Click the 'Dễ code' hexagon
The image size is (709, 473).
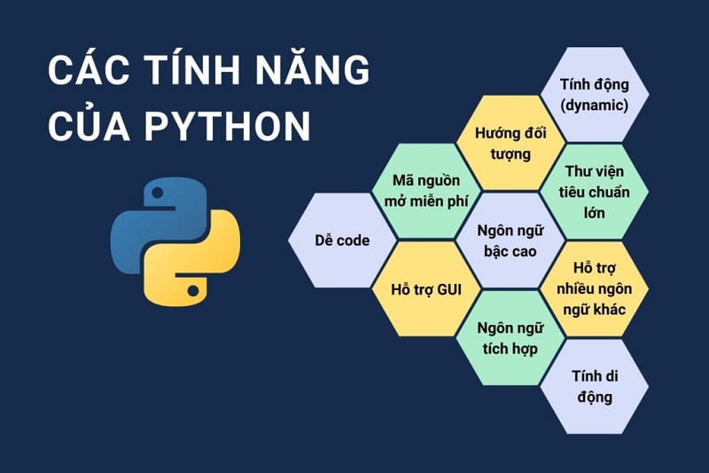click(x=342, y=240)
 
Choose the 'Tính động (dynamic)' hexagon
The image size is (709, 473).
click(x=594, y=94)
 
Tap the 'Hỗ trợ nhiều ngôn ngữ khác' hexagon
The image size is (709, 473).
click(x=594, y=288)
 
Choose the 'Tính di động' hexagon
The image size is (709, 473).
click(x=594, y=386)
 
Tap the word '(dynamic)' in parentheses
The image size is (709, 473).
click(x=594, y=105)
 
